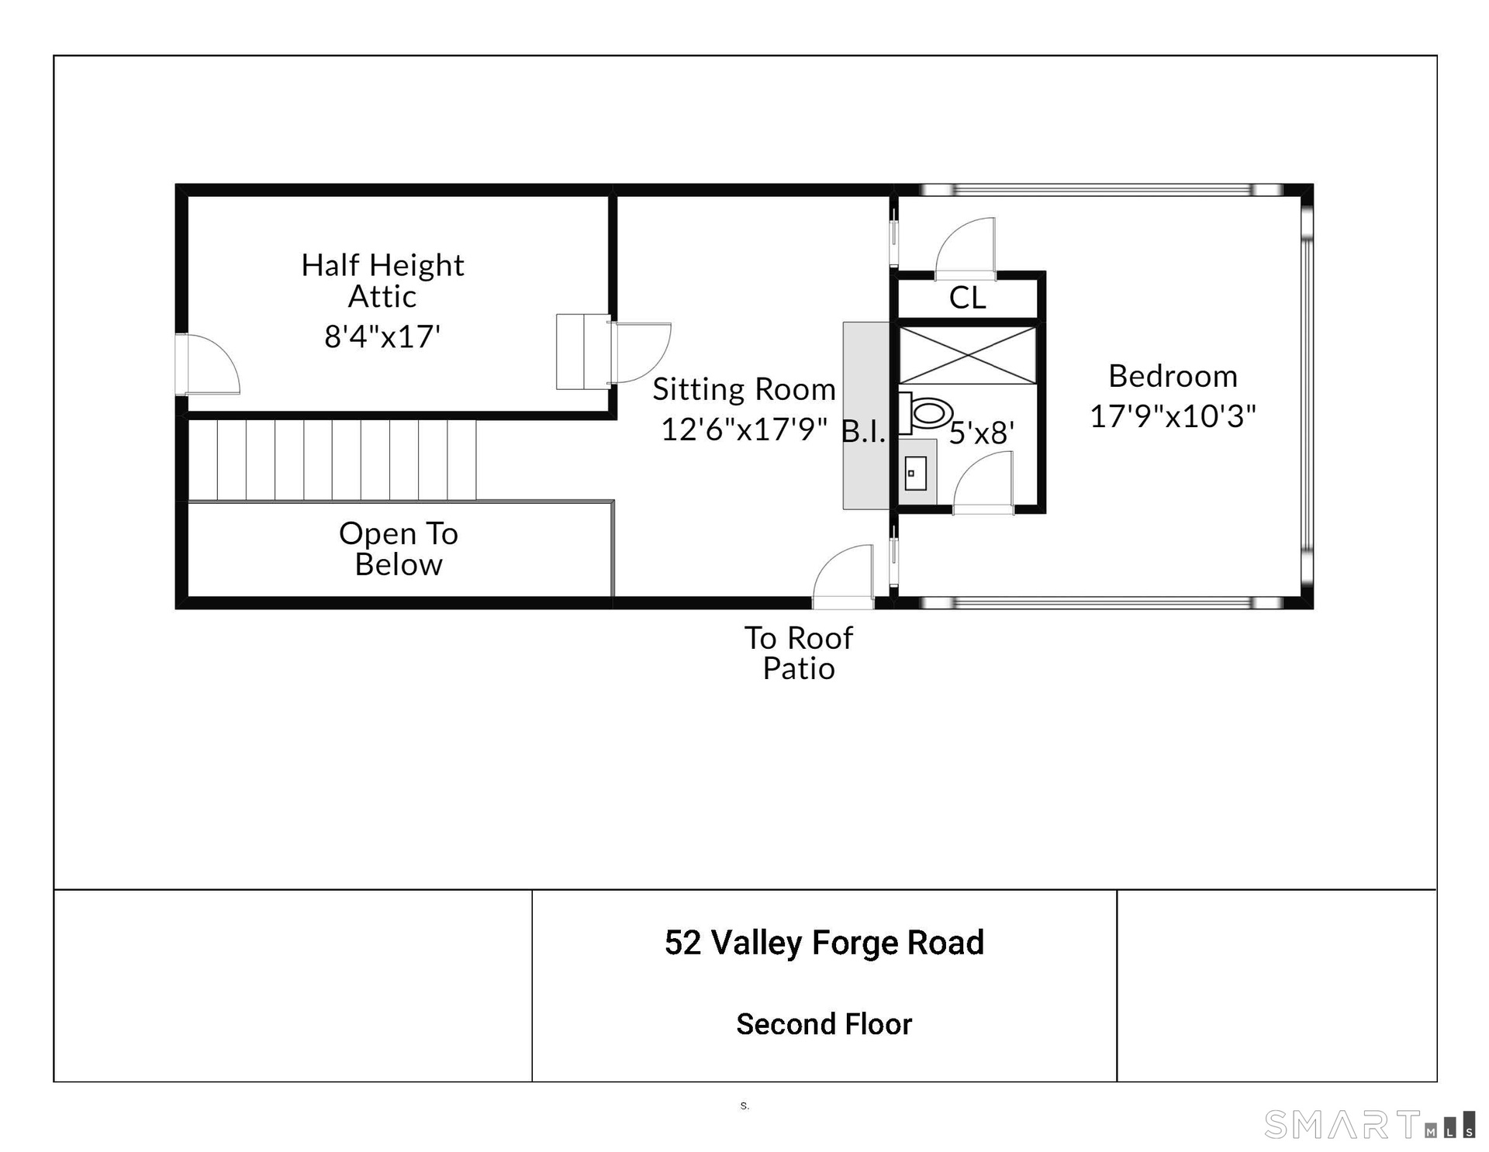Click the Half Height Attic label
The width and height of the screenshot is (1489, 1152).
point(382,281)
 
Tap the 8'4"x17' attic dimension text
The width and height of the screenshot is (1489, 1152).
point(382,336)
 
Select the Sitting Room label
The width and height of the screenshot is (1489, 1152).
point(744,389)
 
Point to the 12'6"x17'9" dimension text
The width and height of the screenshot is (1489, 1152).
point(744,429)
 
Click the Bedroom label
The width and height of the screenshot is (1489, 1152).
point(1173,376)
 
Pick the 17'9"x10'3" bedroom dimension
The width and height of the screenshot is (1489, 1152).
point(1173,416)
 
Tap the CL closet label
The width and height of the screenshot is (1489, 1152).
point(967,298)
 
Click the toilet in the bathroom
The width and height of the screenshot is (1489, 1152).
point(926,412)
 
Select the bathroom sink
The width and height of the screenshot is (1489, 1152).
point(916,473)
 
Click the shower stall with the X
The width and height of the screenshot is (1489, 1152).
point(967,355)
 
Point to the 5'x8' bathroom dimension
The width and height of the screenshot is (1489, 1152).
point(982,433)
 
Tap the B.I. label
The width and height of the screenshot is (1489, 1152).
point(863,432)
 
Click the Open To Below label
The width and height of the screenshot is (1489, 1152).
point(399,549)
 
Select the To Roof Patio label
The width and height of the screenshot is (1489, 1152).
point(799,653)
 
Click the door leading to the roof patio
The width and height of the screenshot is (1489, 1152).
point(843,576)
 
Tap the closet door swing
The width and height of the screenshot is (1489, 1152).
point(966,248)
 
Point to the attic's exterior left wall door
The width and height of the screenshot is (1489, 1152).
point(207,364)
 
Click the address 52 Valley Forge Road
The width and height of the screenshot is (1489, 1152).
point(824,943)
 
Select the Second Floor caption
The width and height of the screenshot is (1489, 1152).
point(824,1024)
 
